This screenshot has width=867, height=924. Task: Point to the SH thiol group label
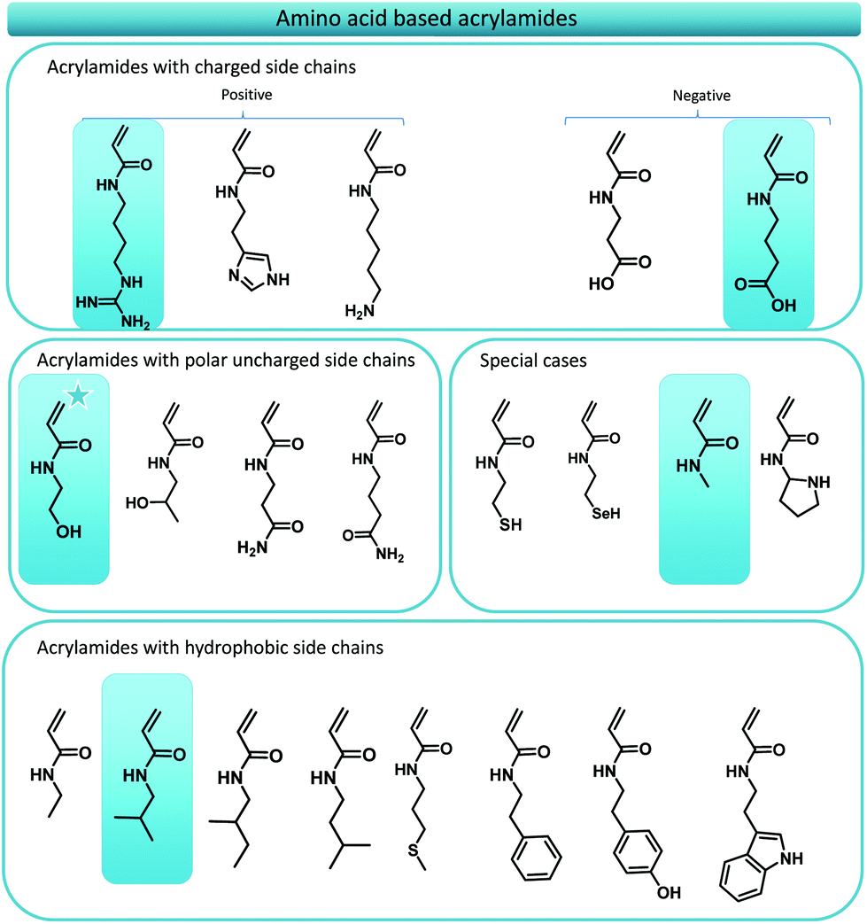[x=512, y=524]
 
